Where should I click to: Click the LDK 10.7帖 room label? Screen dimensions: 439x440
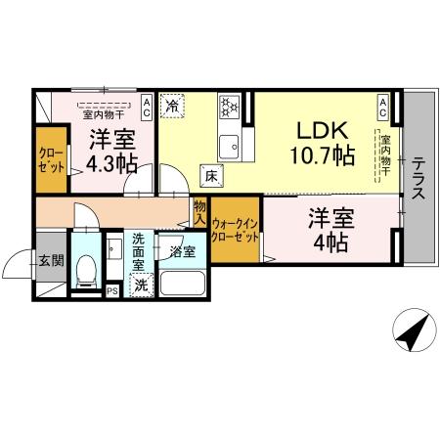click(x=320, y=143)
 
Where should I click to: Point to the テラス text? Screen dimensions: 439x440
click(x=418, y=178)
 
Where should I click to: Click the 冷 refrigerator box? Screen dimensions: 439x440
click(x=172, y=104)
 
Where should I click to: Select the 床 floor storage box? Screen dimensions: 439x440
click(x=210, y=177)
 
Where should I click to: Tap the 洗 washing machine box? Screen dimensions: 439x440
click(x=141, y=285)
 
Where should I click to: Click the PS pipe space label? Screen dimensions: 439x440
click(x=111, y=289)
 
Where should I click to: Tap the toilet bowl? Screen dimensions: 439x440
click(x=85, y=267)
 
